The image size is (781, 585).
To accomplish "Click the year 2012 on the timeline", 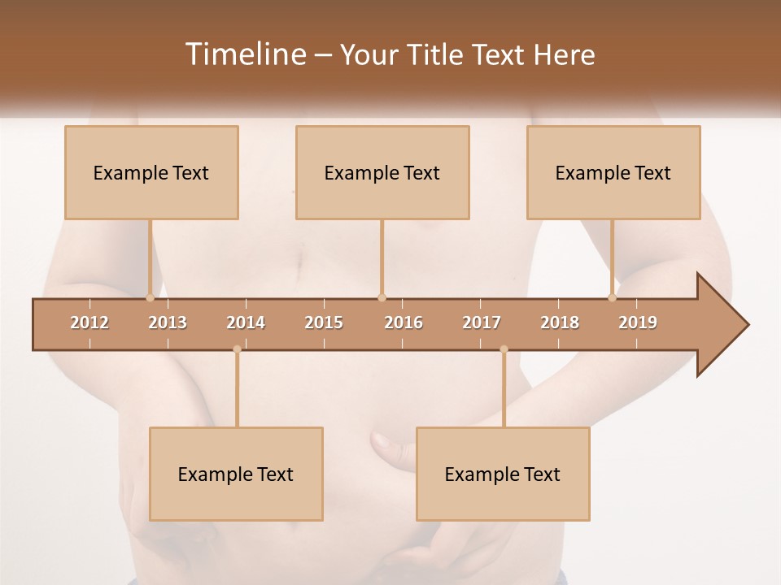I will click(x=89, y=323).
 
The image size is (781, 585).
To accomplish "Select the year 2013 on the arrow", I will click(x=168, y=323).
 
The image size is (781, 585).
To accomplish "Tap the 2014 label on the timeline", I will click(x=246, y=323).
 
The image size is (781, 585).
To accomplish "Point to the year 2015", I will click(x=324, y=323).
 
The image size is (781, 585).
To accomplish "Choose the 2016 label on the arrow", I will click(x=404, y=323).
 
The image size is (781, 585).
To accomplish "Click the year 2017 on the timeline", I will click(x=482, y=323).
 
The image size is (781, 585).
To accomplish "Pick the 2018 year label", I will click(x=560, y=323).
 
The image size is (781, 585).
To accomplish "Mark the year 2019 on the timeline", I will click(x=638, y=323).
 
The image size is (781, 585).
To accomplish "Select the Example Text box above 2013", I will click(x=151, y=173).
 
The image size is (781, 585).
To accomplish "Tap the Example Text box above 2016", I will click(x=382, y=173).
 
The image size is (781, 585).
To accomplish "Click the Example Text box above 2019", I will click(x=613, y=173).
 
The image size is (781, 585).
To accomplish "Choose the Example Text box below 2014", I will click(x=236, y=474).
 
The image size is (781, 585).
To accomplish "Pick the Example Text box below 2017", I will click(x=503, y=474).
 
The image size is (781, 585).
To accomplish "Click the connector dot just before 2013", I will click(x=150, y=297).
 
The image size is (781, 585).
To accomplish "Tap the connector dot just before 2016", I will click(x=382, y=297).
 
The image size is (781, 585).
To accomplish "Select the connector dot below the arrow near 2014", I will click(x=237, y=349).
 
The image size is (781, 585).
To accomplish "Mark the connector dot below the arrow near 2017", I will click(x=504, y=349).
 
